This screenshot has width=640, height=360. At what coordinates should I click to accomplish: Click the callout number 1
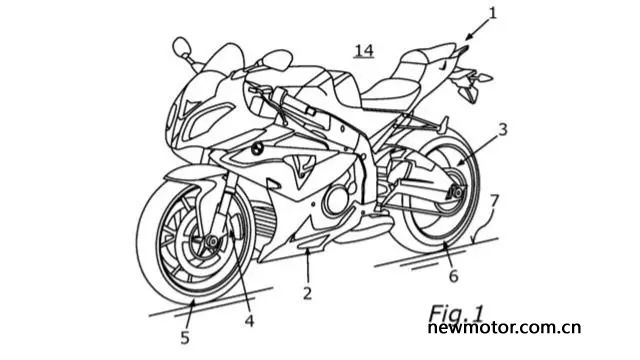(x=493, y=13)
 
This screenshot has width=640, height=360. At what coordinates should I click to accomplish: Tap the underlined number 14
(x=364, y=51)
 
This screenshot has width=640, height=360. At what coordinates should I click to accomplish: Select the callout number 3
(x=503, y=130)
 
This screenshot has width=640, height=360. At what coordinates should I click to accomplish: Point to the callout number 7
(x=494, y=200)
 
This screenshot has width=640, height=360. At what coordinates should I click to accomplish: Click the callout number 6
(x=453, y=276)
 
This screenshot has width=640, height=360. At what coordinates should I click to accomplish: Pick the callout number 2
(x=307, y=293)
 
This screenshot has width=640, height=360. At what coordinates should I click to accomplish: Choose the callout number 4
(x=249, y=320)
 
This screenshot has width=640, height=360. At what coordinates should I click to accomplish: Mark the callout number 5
(x=185, y=338)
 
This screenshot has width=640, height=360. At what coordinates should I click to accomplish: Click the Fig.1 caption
(x=456, y=313)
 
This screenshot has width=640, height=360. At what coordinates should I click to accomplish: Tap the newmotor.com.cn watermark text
(x=504, y=327)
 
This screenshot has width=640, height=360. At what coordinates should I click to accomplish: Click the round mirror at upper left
(x=182, y=47)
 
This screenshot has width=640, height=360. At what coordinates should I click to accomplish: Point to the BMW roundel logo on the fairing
(x=257, y=149)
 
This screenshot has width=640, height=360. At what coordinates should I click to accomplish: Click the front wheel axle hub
(x=212, y=242)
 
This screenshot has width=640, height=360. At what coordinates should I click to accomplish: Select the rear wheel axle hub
(x=456, y=191)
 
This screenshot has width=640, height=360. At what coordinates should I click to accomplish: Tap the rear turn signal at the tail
(x=484, y=77)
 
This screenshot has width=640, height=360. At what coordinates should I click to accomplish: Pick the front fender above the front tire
(x=196, y=176)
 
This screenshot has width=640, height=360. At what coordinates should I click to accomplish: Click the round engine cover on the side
(x=337, y=199)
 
